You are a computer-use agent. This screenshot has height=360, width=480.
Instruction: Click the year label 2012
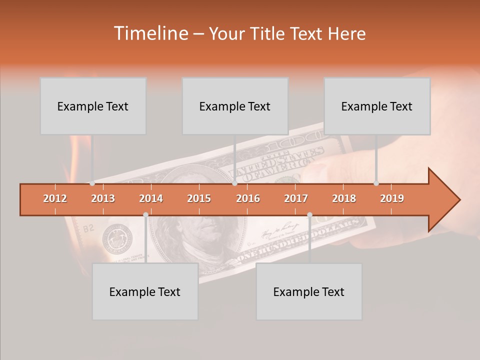point(55,198)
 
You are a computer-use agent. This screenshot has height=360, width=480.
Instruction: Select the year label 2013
point(103,198)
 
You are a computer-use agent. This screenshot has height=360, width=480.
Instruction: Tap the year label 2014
point(151,198)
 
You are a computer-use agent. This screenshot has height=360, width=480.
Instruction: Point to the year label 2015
point(199,198)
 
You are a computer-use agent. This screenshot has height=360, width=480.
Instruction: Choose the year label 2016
point(248,198)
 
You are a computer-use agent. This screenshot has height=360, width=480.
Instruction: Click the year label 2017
point(296,198)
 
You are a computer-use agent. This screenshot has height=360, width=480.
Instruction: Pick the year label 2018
point(344,198)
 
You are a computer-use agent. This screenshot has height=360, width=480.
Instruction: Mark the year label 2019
point(392,198)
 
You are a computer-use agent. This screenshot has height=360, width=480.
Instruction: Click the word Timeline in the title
point(150,33)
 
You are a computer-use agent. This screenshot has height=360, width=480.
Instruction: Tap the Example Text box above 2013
point(93,106)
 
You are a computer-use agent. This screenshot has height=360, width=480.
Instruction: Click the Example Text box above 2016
point(235,106)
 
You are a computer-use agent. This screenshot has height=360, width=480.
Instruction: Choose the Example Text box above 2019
point(377,106)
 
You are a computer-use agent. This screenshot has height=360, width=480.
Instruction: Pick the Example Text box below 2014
point(145,291)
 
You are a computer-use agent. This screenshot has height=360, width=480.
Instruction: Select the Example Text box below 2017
point(309,291)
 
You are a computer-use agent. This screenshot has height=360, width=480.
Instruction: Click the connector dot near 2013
point(92,183)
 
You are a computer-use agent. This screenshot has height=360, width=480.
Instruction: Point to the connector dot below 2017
point(309,215)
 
